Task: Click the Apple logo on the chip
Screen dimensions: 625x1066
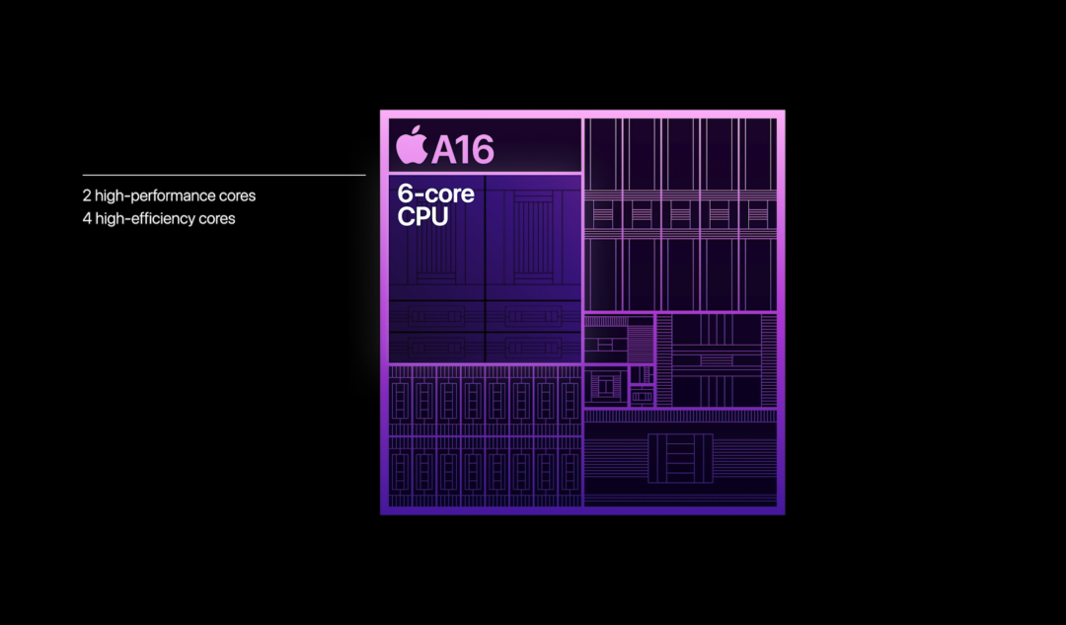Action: pos(412,145)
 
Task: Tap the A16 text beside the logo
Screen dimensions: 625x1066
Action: pos(462,148)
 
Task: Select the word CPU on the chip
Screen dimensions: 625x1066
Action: pos(422,216)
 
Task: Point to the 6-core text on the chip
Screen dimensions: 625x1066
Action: pos(435,194)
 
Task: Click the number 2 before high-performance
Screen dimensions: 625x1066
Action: pos(87,195)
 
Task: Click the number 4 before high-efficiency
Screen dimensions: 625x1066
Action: pos(87,218)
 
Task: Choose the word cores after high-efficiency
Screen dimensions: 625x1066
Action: pos(217,218)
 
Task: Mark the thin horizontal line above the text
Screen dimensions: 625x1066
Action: pos(224,175)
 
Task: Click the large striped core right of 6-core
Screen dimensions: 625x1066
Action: pos(533,237)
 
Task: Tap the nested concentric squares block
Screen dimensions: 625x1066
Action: pos(604,386)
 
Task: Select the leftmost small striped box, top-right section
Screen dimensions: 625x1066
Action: pos(602,214)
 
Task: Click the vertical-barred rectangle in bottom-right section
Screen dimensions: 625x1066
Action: pos(680,457)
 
